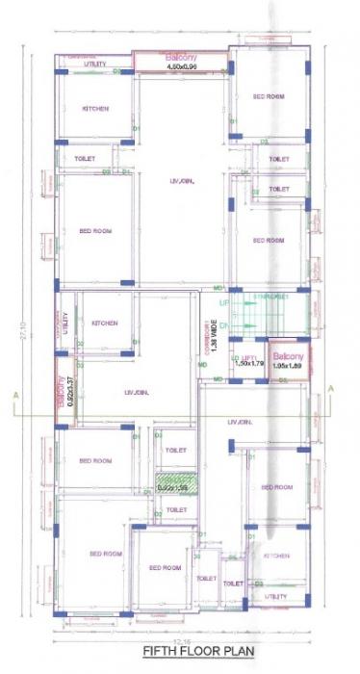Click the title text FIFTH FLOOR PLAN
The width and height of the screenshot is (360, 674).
[184, 651]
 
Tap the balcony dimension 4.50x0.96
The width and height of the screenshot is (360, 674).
[180, 67]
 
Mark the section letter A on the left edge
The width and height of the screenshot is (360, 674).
[15, 395]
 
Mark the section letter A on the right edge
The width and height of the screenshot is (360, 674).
[331, 388]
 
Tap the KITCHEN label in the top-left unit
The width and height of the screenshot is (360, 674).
[94, 108]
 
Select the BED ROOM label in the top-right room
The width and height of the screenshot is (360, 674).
[269, 96]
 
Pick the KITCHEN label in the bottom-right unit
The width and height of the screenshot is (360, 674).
[277, 556]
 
